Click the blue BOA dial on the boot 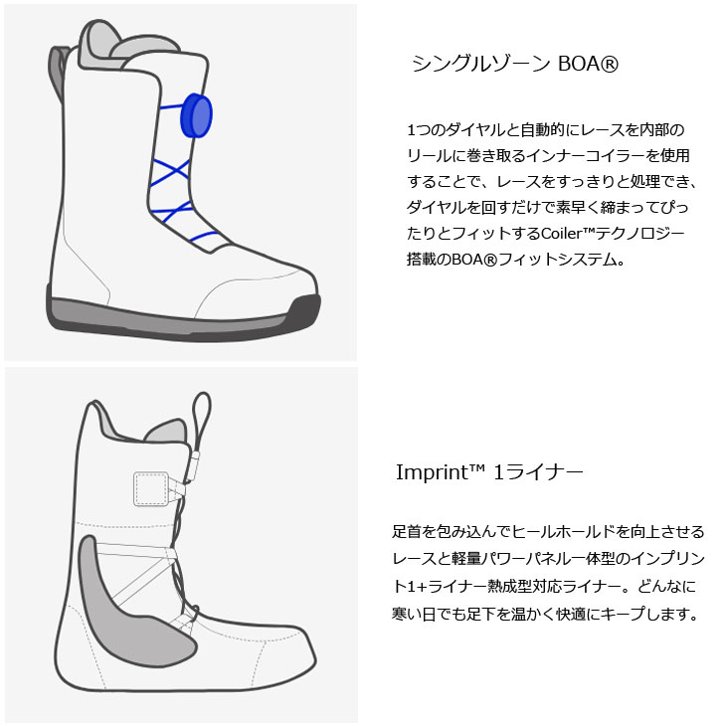197,116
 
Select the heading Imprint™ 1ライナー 488,470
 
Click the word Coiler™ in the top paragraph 572,234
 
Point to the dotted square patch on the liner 149,489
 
